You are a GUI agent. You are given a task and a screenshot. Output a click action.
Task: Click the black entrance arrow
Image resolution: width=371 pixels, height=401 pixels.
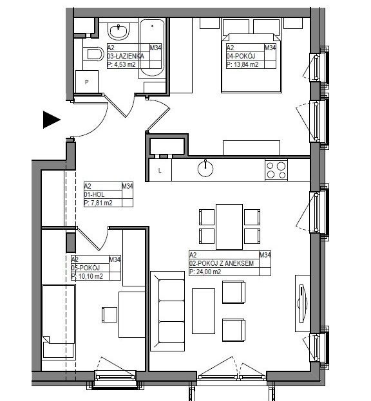52,120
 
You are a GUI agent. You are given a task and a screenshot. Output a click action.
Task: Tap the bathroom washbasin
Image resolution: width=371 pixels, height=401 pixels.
119,31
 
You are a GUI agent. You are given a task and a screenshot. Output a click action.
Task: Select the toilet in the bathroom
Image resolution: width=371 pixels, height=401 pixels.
93,53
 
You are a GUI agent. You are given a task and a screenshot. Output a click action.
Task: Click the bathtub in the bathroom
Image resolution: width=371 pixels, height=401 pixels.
152,48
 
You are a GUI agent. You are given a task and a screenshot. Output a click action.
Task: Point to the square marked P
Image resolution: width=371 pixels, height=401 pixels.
87,82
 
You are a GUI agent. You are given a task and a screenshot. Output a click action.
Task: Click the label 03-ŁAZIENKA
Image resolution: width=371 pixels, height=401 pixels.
126,56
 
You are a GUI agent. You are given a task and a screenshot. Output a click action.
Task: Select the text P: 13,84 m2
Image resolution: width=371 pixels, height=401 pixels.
242,64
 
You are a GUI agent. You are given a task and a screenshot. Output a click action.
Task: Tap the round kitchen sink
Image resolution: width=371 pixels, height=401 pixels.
205,169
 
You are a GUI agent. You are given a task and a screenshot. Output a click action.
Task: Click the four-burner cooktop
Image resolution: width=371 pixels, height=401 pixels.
276,170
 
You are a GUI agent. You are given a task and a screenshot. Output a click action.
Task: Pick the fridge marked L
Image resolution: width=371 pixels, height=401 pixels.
160,170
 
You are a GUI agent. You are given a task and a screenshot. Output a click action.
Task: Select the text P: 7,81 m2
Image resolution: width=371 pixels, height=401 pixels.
99,203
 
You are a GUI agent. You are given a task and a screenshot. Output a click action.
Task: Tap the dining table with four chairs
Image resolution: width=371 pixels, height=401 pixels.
229,227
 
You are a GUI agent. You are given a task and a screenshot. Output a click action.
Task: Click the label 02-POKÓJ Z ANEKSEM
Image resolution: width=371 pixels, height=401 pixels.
222,263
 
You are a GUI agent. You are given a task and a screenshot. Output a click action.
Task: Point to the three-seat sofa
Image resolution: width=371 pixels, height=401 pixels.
167,311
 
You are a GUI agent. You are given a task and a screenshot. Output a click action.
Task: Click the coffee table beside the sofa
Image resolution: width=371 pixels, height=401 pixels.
204,312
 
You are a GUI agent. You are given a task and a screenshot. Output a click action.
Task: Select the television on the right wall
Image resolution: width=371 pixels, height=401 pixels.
303,304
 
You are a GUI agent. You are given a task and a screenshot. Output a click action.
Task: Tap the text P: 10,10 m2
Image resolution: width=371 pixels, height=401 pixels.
87,277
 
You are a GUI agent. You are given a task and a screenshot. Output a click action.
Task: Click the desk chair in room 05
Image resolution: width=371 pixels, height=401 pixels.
109,315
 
